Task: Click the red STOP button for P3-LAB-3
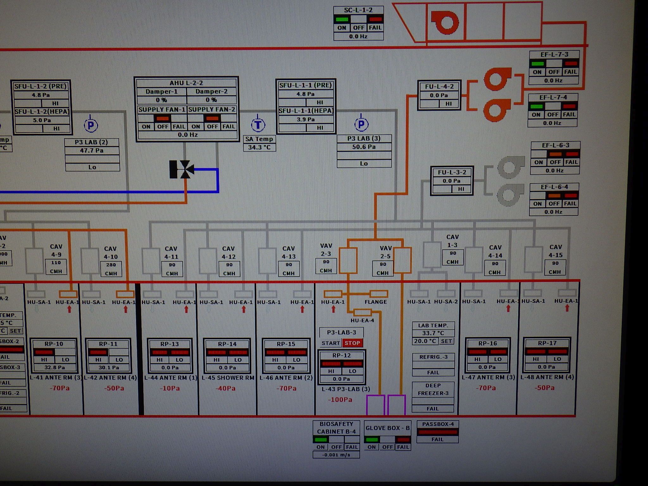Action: pos(352,343)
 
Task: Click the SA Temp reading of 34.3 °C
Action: pos(259,147)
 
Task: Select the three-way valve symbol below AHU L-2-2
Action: pos(182,169)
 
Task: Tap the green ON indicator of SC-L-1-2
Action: pos(342,19)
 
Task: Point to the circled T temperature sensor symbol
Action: pos(258,125)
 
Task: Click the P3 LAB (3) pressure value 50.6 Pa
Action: pos(364,147)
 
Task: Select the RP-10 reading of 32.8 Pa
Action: pos(54,367)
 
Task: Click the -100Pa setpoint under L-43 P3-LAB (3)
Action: pos(340,400)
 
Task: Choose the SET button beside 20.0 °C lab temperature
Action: pos(446,341)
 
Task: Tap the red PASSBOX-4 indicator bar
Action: pos(437,432)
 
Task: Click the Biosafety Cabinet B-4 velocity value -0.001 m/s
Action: pos(336,455)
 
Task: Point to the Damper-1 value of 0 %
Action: pos(161,100)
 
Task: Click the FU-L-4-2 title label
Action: pos(439,86)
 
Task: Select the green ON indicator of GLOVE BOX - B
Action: pos(372,439)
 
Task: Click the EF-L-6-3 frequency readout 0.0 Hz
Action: pos(554,171)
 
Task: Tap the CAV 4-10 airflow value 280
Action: pos(111,265)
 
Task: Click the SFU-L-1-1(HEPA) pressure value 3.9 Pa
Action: pos(306,119)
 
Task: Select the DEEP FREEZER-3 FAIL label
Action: pos(433,408)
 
